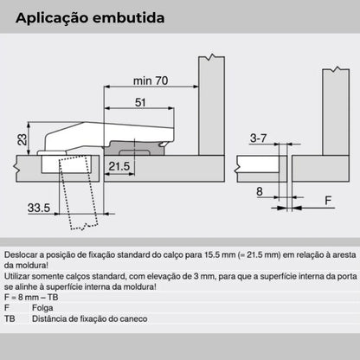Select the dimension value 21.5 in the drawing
coord(119,165)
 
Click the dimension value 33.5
coord(39,208)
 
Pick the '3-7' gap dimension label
coord(256,138)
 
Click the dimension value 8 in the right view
coord(258,191)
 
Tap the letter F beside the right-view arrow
coord(327,201)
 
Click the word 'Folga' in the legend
coord(40,309)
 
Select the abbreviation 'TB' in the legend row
coord(11,319)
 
